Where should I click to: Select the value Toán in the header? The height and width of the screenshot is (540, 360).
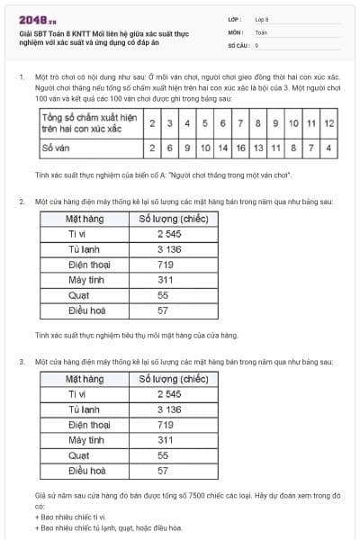[x=261, y=31]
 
